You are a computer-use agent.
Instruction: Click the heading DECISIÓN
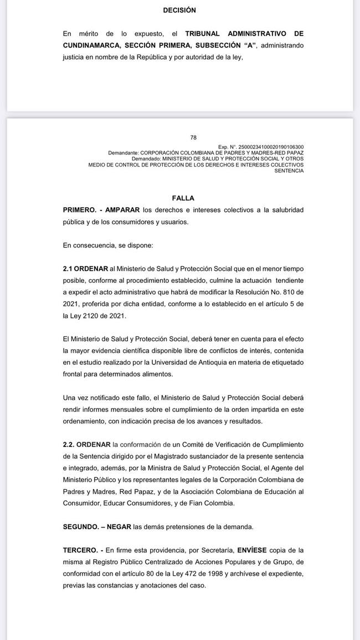point(179,10)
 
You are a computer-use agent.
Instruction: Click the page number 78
point(193,138)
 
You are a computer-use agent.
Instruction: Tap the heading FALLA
point(183,198)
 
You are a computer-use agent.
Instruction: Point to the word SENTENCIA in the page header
point(289,171)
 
